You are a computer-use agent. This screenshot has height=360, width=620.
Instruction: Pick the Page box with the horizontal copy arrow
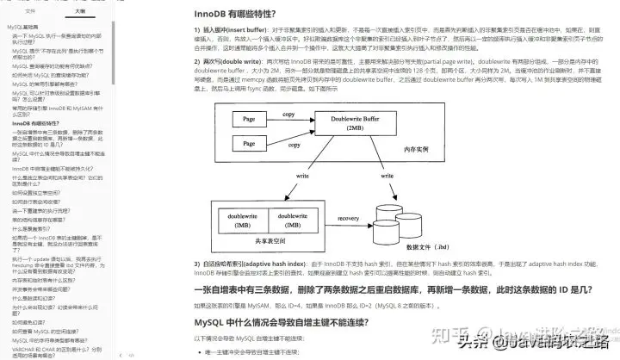click(249, 118)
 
